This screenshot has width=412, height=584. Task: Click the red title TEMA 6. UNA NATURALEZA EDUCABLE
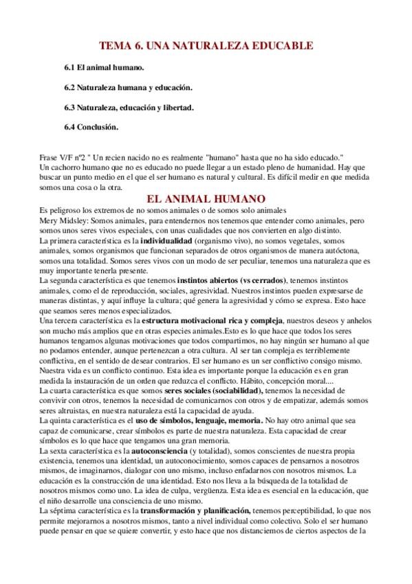pyautogui.click(x=206, y=46)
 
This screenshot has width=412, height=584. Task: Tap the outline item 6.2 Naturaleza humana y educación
pyautogui.click(x=128, y=88)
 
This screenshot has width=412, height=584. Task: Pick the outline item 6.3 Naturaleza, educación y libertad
pyautogui.click(x=129, y=107)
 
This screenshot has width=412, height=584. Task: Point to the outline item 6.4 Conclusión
pyautogui.click(x=91, y=127)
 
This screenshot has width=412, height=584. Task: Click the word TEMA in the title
pyautogui.click(x=116, y=46)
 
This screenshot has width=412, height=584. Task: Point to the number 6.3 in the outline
pyautogui.click(x=69, y=107)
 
